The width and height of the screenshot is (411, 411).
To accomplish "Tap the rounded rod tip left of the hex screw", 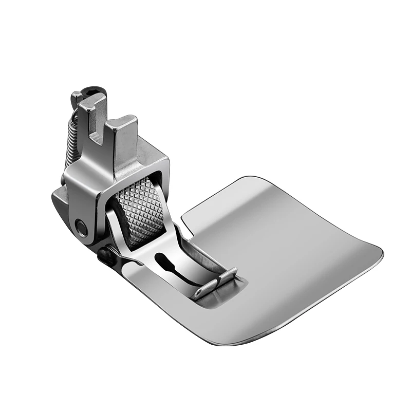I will click(76, 96).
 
